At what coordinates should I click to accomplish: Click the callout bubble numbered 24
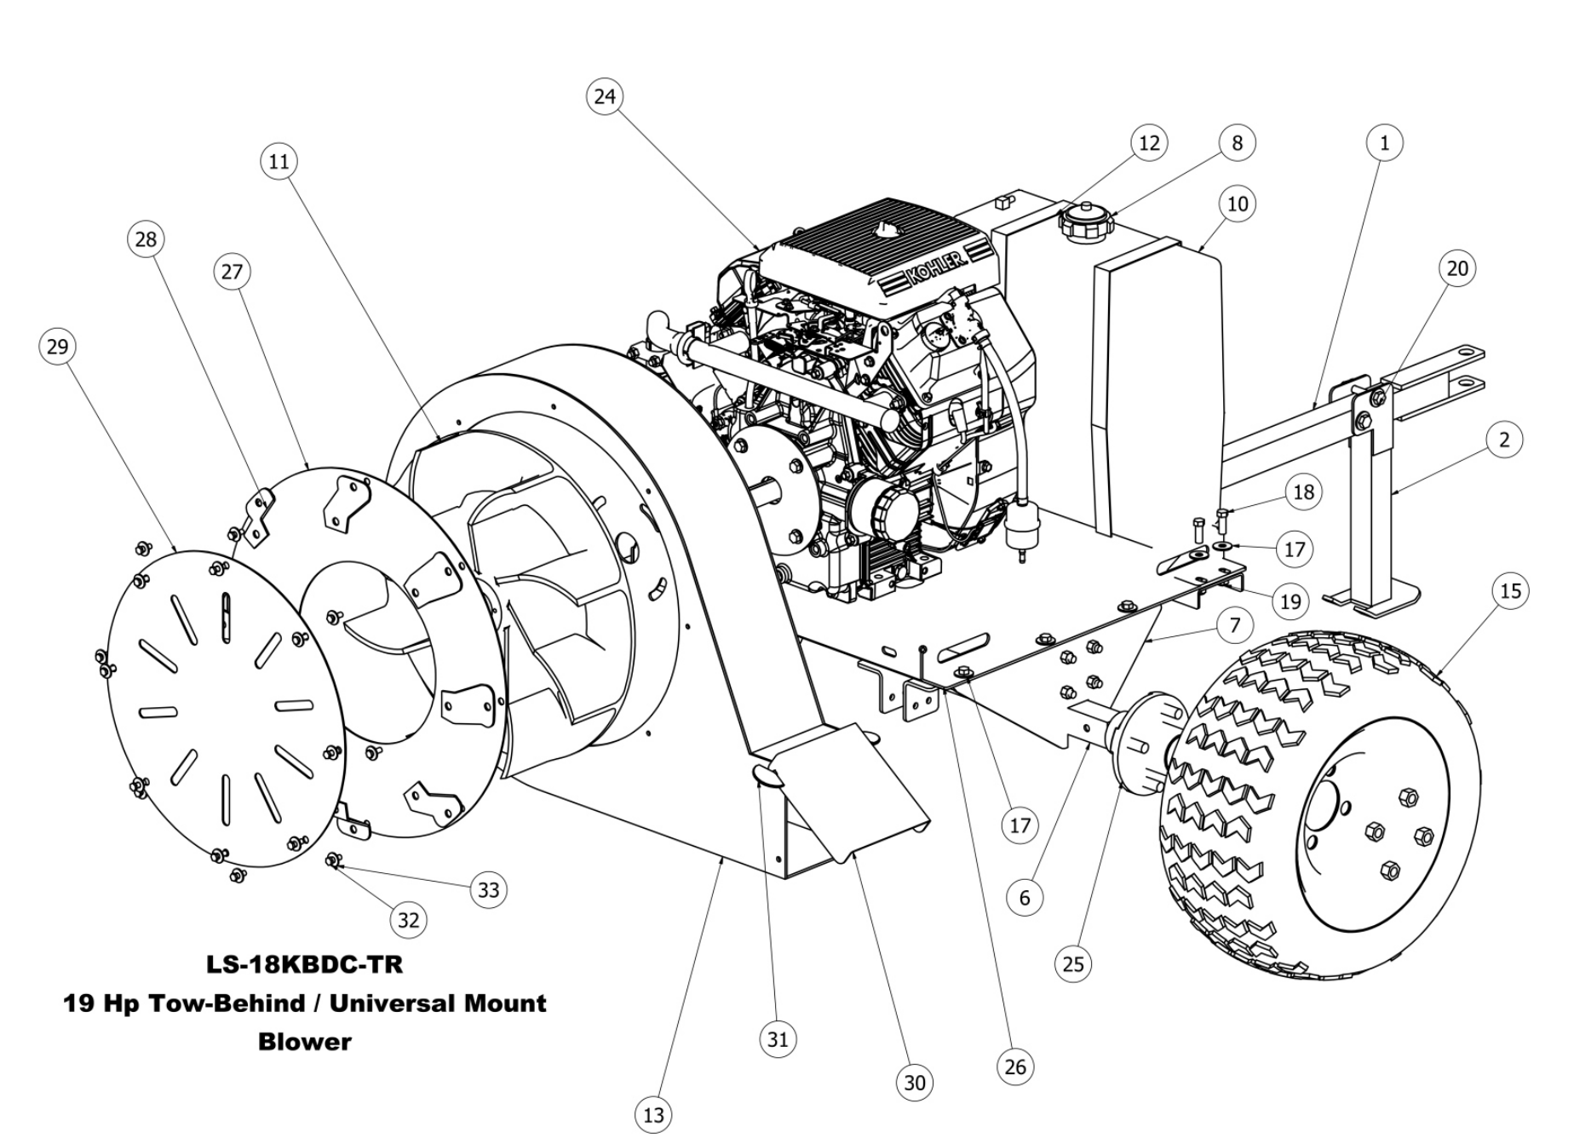pos(605,96)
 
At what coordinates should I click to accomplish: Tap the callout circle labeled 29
pos(57,347)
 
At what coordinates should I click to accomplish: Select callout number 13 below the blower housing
pos(653,1115)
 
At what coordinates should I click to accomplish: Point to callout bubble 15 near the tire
pos(1510,591)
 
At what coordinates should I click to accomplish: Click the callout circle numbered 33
pos(488,890)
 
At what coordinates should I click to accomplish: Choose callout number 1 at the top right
pos(1384,143)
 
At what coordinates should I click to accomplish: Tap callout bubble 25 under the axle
pos(1073,963)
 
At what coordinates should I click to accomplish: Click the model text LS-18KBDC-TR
pos(304,964)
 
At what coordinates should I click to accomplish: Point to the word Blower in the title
pos(304,1042)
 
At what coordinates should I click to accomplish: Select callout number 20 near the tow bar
pos(1457,268)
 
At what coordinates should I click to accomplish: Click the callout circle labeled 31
pos(778,1039)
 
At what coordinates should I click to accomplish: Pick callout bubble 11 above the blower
pos(279,162)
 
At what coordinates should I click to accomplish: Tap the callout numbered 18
pos(1303,492)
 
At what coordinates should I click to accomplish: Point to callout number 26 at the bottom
pos(1015,1066)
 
